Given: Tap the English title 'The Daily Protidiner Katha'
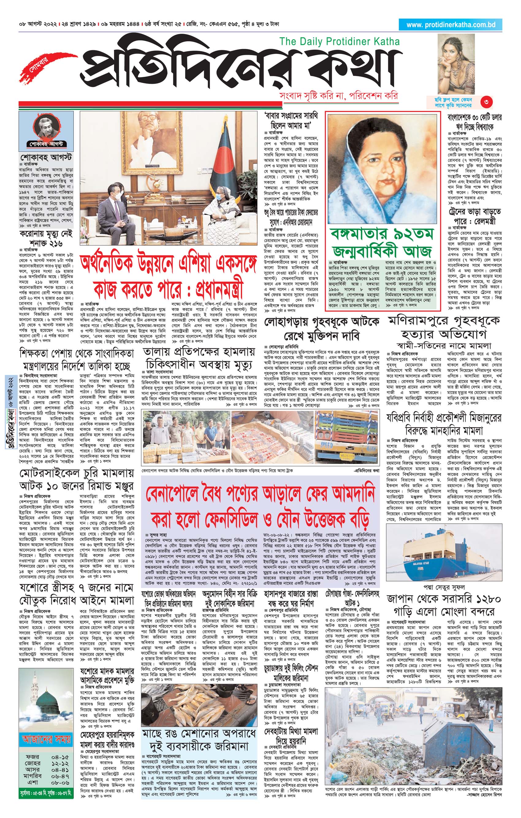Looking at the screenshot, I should [339, 41].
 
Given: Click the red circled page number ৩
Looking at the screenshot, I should [486, 102].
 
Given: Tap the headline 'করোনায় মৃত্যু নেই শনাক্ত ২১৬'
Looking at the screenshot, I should [46, 239].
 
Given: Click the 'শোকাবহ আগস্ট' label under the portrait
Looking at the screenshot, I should [46, 144].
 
